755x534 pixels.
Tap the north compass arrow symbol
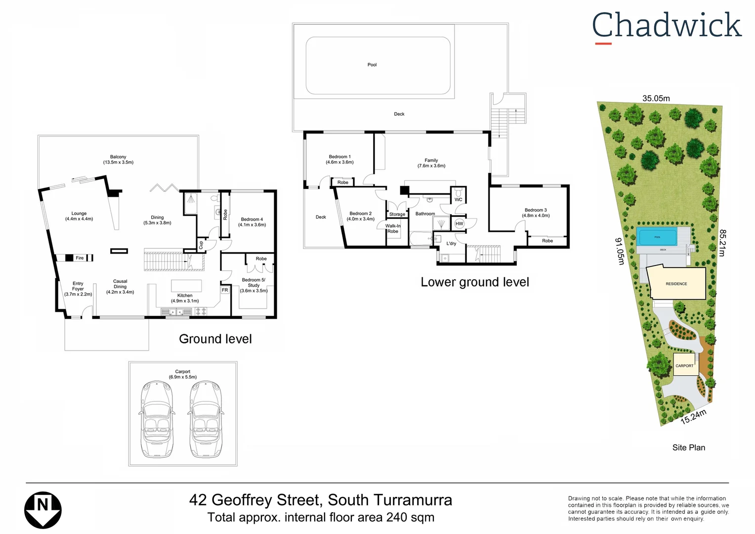pyautogui.click(x=43, y=510)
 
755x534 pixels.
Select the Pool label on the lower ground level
pyautogui.click(x=372, y=65)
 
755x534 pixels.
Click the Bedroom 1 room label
pyautogui.click(x=339, y=159)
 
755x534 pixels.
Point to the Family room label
pyautogui.click(x=431, y=163)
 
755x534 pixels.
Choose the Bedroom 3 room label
pyautogui.click(x=536, y=213)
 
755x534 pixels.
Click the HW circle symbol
pyautogui.click(x=459, y=223)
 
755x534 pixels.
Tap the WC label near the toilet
pyautogui.click(x=458, y=200)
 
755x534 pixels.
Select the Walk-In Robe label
pyautogui.click(x=393, y=228)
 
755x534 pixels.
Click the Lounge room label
pyautogui.click(x=79, y=216)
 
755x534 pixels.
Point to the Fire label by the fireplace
pyautogui.click(x=80, y=258)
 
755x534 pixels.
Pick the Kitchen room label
pyautogui.click(x=185, y=298)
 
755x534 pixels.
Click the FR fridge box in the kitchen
pyautogui.click(x=225, y=290)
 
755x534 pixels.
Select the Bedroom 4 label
pyautogui.click(x=252, y=222)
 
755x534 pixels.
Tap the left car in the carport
pyautogui.click(x=157, y=419)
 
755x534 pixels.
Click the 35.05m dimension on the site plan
pyautogui.click(x=656, y=98)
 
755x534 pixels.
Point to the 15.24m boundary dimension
pyautogui.click(x=693, y=417)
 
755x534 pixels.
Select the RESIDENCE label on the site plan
pyautogui.click(x=676, y=284)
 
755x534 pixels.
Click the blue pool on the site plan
pyautogui.click(x=657, y=237)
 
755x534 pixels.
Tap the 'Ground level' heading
pyautogui.click(x=215, y=339)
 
